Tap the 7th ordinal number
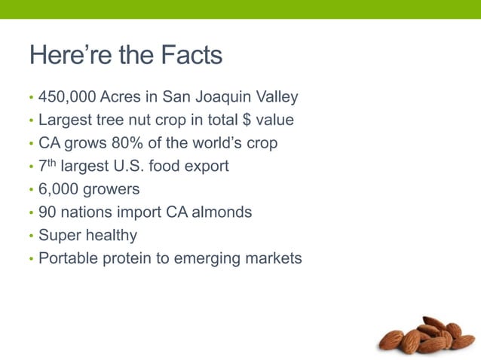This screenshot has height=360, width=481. click(47, 164)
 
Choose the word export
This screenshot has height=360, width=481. click(207, 166)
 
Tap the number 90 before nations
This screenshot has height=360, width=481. click(47, 212)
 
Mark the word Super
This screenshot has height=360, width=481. click(57, 236)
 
